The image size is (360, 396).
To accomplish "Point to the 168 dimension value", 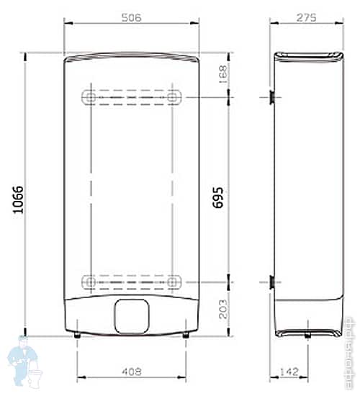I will [x=222, y=73].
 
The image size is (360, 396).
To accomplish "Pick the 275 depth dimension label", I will [x=308, y=17].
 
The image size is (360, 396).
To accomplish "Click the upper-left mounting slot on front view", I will [x=89, y=96].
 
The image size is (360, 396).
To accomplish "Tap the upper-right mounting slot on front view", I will [x=173, y=96].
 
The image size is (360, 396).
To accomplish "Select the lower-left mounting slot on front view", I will [x=89, y=282].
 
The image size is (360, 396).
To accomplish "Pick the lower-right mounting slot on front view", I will [x=173, y=282].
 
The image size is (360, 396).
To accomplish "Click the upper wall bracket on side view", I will [x=271, y=96].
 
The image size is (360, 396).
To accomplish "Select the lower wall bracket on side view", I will [x=271, y=282].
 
